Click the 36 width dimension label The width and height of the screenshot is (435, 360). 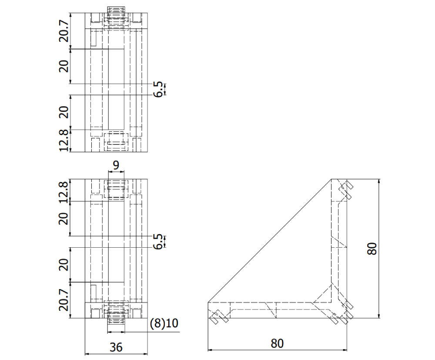(x=116, y=347)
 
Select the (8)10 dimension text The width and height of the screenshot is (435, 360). (x=164, y=323)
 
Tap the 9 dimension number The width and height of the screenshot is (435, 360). (x=116, y=165)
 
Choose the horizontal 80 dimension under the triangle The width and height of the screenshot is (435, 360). (x=277, y=343)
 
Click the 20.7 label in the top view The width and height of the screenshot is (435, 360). (x=64, y=30)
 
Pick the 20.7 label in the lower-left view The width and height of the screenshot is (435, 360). (x=64, y=301)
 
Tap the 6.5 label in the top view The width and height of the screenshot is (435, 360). (x=160, y=89)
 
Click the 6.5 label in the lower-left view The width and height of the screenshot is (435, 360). (x=160, y=242)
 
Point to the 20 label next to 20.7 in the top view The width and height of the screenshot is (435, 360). (x=64, y=66)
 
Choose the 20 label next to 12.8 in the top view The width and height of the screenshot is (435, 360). (x=64, y=112)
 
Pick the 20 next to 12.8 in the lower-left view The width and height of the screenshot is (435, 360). (x=64, y=219)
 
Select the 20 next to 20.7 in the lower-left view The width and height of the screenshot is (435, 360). (x=64, y=265)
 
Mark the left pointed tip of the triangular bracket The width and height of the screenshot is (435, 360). (x=208, y=302)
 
